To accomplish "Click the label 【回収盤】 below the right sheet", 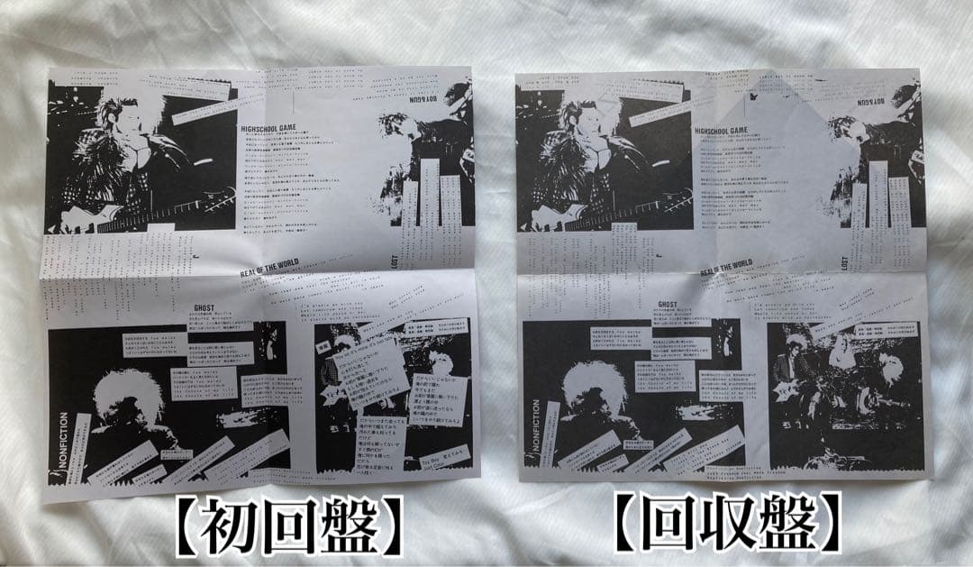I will [729, 523].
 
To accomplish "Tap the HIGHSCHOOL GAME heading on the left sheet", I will [274, 129].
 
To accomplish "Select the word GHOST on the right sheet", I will [668, 305].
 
